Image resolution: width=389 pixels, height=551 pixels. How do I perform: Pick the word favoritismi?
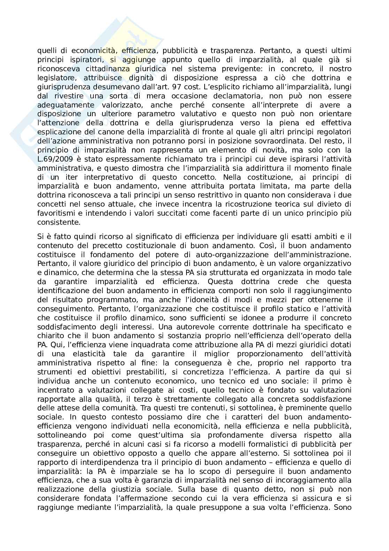point(54,213)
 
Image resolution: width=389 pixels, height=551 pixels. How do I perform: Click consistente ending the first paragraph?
point(59,222)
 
